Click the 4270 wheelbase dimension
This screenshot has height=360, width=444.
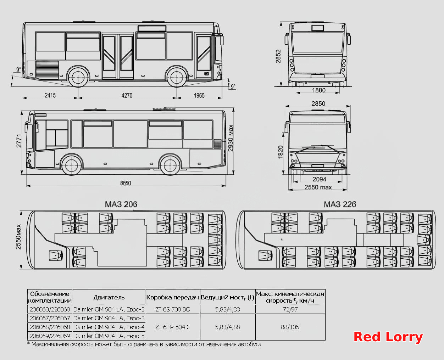[127, 95]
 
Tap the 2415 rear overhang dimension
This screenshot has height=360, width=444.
[50, 95]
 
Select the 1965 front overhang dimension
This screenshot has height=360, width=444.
[199, 95]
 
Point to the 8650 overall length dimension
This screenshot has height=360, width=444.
[126, 183]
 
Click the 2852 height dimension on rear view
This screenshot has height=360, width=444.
[278, 56]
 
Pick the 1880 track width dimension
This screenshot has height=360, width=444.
[319, 90]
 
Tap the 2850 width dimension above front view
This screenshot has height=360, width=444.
[318, 103]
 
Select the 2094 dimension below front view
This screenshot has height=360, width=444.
[319, 179]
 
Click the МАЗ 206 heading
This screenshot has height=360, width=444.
[121, 204]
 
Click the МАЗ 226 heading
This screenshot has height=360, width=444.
[340, 204]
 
